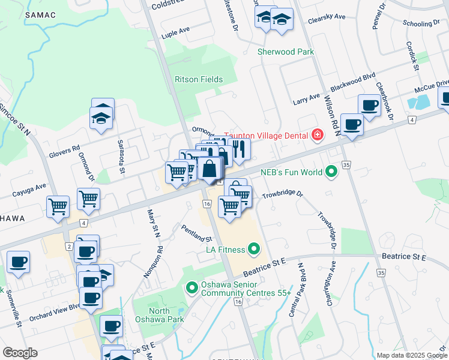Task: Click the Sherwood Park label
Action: pyautogui.click(x=286, y=52)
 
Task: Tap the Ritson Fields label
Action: pyautogui.click(x=199, y=79)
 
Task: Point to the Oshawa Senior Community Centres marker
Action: pyautogui.click(x=192, y=289)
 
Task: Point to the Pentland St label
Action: pyautogui.click(x=197, y=231)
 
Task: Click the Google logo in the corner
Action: pyautogui.click(x=20, y=353)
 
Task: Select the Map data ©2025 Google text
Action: pyautogui.click(x=411, y=355)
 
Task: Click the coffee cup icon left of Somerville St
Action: pyautogui.click(x=19, y=262)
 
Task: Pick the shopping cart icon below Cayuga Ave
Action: pyautogui.click(x=58, y=206)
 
